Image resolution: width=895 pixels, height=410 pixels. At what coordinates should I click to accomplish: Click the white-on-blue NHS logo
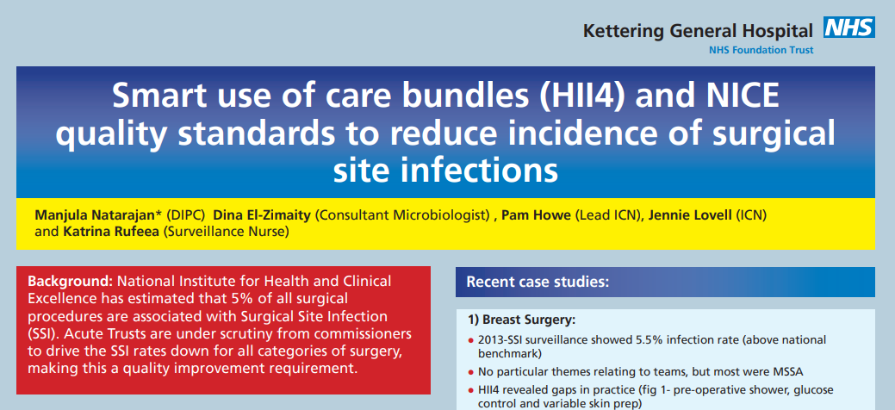(849, 27)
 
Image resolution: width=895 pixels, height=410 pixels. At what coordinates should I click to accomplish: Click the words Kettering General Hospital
(698, 31)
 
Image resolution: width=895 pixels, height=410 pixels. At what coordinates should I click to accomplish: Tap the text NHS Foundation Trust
(761, 50)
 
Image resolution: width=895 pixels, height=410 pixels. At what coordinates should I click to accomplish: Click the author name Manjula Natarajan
(95, 216)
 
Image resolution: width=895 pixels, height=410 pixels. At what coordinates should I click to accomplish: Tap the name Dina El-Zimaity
(262, 216)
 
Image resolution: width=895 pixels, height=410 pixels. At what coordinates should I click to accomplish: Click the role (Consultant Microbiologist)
(403, 216)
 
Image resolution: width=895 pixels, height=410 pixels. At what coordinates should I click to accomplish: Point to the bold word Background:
(71, 282)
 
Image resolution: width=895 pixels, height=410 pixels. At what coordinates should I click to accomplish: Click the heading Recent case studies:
(538, 282)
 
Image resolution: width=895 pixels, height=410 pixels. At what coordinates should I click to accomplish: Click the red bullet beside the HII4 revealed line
(471, 392)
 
